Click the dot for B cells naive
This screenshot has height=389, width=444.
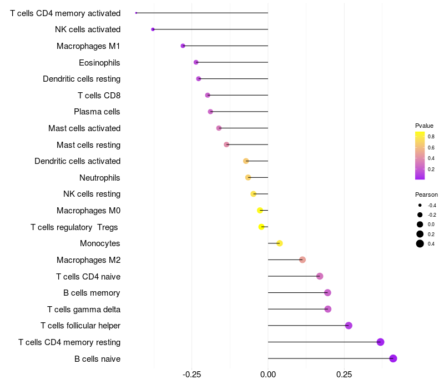pos(393,358)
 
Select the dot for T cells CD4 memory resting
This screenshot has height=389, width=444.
pos(380,342)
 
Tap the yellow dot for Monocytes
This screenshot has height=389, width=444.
pos(280,243)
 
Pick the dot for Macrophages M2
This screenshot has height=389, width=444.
pos(302,260)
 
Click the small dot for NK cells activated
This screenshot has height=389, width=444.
pos(153,29)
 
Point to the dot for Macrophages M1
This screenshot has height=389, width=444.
pos(183,46)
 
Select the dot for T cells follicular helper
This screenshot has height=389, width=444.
pos(349,326)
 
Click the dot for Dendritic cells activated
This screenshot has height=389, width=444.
pos(246,161)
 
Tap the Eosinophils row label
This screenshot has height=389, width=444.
pos(99,63)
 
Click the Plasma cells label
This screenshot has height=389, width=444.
pos(97,112)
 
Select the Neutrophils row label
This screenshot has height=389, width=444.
pos(100,178)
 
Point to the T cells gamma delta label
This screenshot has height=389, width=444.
pos(84,310)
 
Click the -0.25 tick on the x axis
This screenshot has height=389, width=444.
pos(191,375)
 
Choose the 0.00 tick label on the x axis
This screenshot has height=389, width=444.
pos(268,375)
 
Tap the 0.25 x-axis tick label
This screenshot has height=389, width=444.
pos(344,375)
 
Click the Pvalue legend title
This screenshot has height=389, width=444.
pos(424,126)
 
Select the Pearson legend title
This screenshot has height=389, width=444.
pos(426,194)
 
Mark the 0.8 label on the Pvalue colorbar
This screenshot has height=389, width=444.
pos(431,137)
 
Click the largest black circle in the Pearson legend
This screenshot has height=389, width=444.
pos(420,243)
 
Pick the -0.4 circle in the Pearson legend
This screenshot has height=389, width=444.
pos(420,205)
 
